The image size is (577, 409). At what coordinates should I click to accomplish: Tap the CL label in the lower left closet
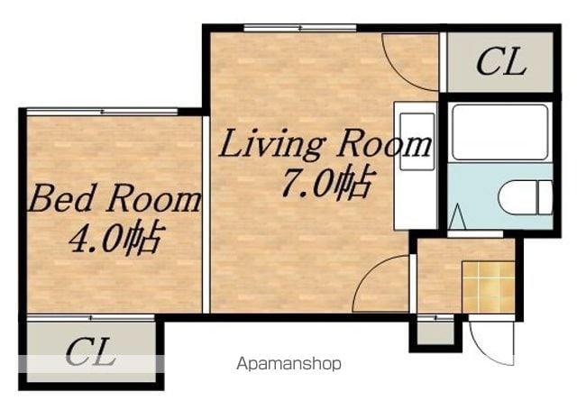click(90, 351)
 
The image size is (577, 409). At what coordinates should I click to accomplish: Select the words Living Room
click(325, 144)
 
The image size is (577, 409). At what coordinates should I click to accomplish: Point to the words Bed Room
click(114, 198)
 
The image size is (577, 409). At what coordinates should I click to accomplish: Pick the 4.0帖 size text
click(114, 238)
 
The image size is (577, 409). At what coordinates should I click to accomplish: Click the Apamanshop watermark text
click(288, 364)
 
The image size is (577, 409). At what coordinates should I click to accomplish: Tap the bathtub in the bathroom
click(499, 132)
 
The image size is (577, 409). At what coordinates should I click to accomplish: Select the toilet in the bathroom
click(526, 197)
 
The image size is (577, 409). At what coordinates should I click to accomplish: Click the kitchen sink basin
click(417, 141)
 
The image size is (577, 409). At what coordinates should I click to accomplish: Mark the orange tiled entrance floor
click(488, 286)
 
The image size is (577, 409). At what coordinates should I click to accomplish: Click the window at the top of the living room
click(300, 28)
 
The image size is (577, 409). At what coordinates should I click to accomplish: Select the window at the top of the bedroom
click(102, 112)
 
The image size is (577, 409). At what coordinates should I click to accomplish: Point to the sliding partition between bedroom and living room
click(206, 214)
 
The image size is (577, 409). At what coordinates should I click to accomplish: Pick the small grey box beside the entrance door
click(435, 333)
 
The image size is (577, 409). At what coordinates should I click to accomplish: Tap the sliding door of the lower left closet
click(90, 318)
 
